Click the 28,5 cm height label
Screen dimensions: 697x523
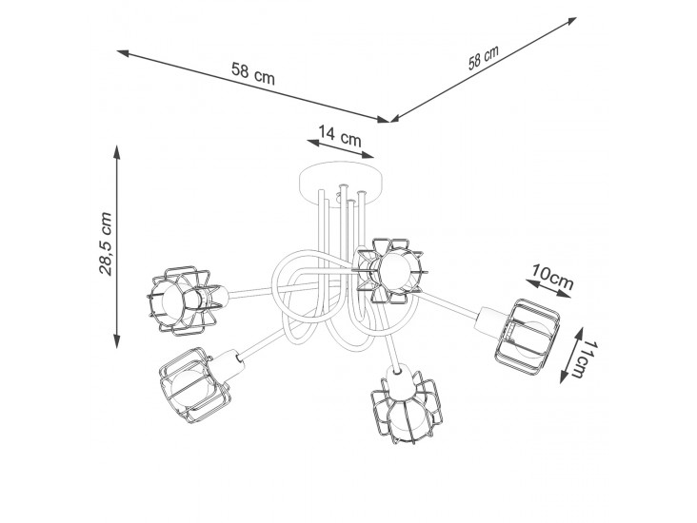(106, 244)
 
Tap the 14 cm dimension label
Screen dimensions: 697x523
(340, 136)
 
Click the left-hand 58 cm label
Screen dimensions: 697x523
(253, 74)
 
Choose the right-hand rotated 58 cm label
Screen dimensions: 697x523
(483, 58)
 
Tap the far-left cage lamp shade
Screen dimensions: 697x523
(183, 300)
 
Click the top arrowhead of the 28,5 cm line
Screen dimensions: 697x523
(116, 151)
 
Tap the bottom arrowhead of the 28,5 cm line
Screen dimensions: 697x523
(116, 341)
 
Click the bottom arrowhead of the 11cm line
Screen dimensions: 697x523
(564, 377)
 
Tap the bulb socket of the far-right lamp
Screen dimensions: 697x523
(489, 322)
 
